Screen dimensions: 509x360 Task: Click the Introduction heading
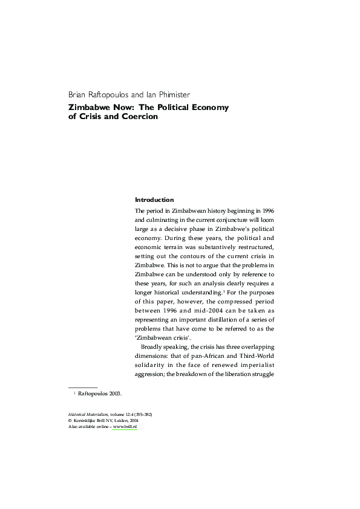(x=154, y=199)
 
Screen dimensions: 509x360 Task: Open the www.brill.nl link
(x=126, y=427)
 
